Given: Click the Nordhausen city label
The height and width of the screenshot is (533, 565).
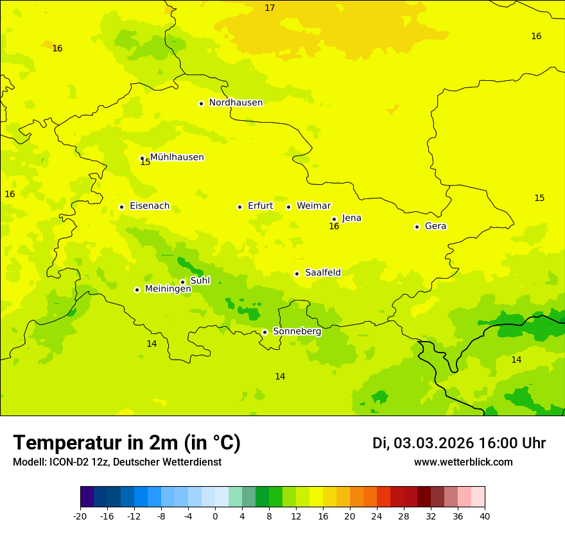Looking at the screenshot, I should tap(236, 103).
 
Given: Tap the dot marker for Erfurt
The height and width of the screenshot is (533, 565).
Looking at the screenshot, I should tap(239, 207).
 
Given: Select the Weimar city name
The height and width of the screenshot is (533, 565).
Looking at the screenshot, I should tap(313, 206).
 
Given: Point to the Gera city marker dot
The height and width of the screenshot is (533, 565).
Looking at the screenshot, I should tap(417, 227).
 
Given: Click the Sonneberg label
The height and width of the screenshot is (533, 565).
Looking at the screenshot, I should tap(297, 331).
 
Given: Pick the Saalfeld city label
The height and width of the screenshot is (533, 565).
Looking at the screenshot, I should tap(323, 273).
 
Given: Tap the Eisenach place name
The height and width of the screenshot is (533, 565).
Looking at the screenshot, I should tap(150, 206).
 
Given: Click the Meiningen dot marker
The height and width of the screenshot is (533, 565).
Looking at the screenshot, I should tap(137, 290).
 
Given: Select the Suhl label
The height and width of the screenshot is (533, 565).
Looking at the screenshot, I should tap(200, 281).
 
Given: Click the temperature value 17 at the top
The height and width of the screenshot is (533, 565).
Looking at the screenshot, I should tap(270, 8).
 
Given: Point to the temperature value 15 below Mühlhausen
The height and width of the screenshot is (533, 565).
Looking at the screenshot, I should tap(145, 162).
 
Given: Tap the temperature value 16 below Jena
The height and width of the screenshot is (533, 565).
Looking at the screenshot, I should tap(334, 227).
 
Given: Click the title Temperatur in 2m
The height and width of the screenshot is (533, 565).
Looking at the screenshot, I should tap(126, 442).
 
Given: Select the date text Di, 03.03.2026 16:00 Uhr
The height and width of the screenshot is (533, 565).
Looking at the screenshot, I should tap(458, 443).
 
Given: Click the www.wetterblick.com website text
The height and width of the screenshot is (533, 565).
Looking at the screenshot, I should tap(463, 462).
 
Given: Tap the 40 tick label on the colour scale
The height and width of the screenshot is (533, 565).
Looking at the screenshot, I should tap(485, 516).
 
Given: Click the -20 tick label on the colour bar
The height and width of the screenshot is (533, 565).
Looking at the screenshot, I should tap(80, 516).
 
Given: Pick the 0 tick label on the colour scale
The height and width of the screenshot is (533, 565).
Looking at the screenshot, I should tap(215, 516).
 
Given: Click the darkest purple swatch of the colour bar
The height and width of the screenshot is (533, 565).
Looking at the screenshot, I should tap(87, 497).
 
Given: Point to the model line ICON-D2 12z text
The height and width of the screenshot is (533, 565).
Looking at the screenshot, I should tap(117, 462).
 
